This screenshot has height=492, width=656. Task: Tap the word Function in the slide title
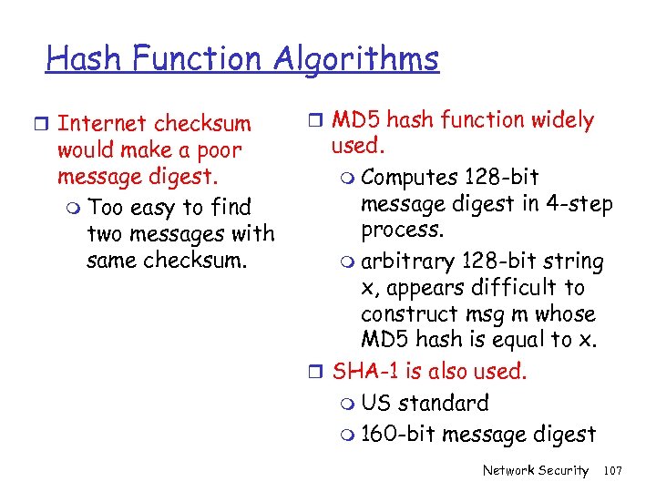click(194, 60)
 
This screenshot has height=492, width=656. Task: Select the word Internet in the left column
click(101, 124)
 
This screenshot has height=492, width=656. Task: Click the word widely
click(559, 120)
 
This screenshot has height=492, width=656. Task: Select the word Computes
click(409, 177)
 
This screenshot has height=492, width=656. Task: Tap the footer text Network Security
click(536, 471)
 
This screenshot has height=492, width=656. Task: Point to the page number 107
click(612, 471)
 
